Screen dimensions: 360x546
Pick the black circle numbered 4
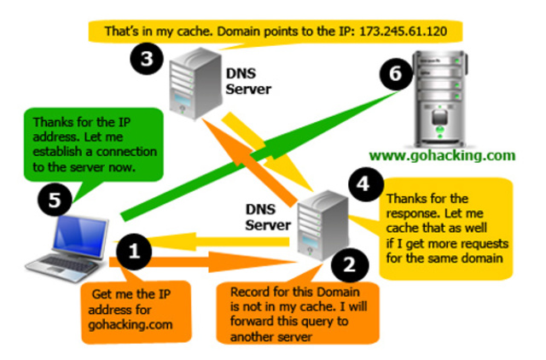pos(363,185)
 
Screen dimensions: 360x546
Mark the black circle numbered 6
pos(390,74)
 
